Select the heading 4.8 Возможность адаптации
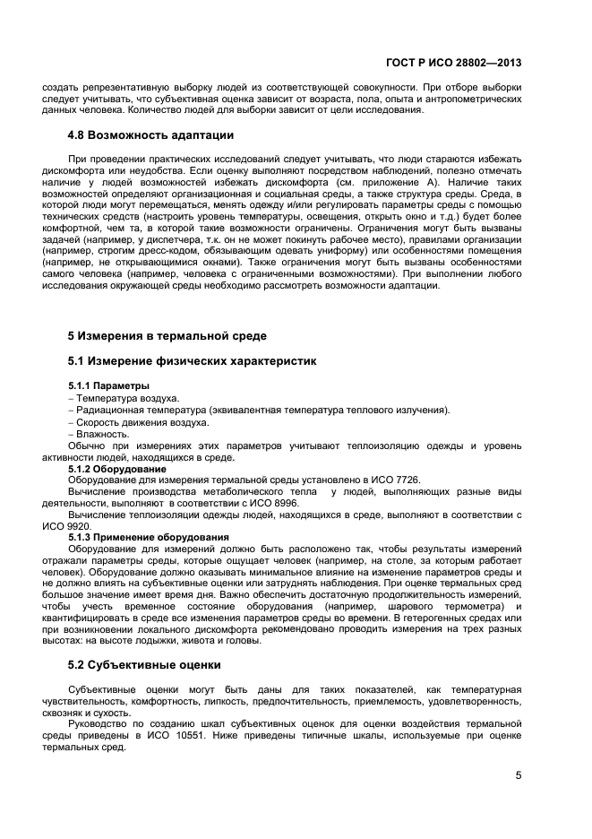point(151,135)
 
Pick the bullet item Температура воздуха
point(127,398)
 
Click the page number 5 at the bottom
point(519,776)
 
